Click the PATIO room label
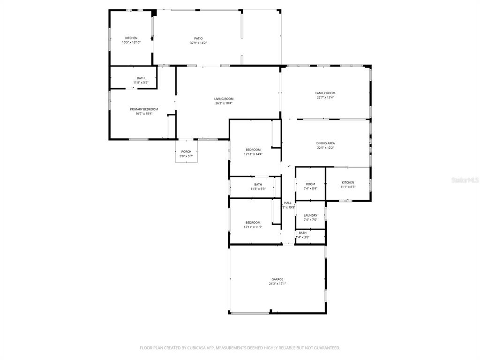(199, 38)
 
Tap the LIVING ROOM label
(224, 99)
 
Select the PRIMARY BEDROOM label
(144, 109)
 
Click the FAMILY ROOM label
(325, 93)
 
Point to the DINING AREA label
(325, 143)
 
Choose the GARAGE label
(277, 279)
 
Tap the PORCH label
(187, 152)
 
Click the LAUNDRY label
(310, 216)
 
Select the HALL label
(288, 203)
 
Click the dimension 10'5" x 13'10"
(131, 43)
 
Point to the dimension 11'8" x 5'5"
(141, 82)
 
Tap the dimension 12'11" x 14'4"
(253, 154)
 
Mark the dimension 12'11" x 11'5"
(253, 227)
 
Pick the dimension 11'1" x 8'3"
(348, 187)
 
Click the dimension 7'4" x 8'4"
(310, 188)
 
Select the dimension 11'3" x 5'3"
(258, 189)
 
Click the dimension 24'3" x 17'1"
(277, 284)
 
